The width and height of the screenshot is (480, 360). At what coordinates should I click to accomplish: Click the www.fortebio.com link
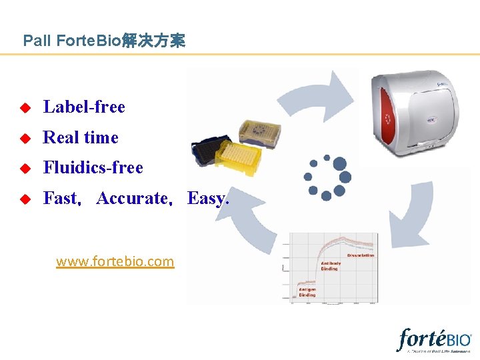115,262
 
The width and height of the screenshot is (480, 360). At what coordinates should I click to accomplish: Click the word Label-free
84,107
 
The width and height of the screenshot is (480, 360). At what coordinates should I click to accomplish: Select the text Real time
81,137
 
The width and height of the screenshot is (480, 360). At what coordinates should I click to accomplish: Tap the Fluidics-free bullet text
93,167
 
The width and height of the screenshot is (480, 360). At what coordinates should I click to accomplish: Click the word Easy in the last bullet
207,198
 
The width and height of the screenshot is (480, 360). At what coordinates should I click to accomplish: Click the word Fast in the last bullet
61,198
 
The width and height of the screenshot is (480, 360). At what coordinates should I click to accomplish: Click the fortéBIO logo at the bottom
434,339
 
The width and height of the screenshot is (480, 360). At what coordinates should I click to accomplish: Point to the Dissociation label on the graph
361,255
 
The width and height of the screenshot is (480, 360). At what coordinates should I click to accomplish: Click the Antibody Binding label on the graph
331,265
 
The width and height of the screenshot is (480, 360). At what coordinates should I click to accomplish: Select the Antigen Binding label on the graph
307,292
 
